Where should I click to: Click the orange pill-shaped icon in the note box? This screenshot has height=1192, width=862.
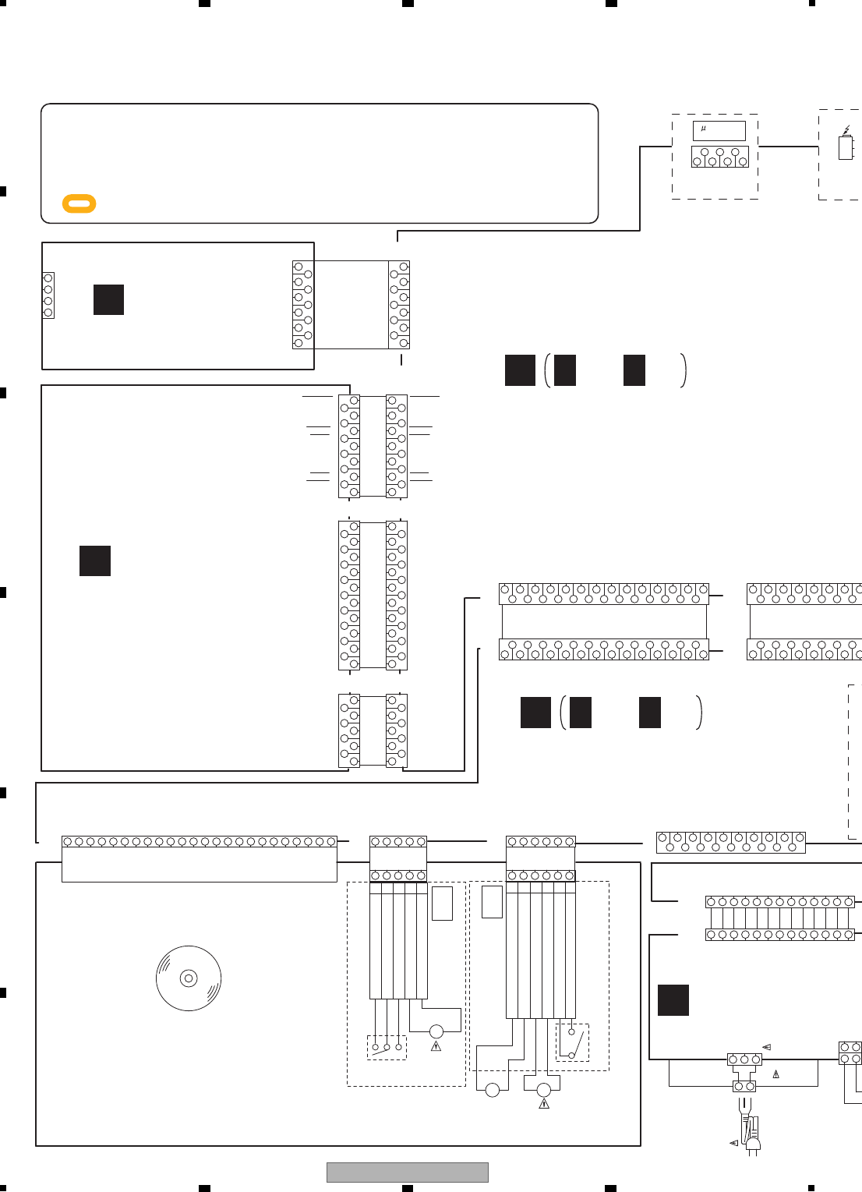click(79, 203)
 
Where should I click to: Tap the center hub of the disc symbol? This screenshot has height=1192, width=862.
click(188, 978)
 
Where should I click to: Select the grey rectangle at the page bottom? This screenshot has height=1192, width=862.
click(407, 1172)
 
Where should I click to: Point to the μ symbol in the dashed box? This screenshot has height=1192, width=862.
click(703, 129)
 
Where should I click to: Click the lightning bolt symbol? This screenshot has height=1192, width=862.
click(846, 130)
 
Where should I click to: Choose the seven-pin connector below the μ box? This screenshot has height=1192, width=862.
click(719, 157)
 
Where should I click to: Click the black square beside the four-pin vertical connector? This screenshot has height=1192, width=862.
click(108, 299)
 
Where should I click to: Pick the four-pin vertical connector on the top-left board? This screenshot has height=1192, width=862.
click(48, 295)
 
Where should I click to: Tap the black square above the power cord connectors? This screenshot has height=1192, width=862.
click(673, 1000)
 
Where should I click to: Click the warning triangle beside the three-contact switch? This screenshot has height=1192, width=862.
click(436, 1046)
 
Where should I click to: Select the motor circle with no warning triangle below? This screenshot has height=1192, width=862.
click(492, 1090)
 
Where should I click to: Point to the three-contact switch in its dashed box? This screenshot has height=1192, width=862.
click(387, 1047)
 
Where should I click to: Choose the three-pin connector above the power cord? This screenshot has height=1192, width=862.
click(744, 1059)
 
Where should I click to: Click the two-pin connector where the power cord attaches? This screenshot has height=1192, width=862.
click(744, 1086)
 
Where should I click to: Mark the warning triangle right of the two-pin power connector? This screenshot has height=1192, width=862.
click(775, 1074)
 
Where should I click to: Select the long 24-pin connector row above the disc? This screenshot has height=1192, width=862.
click(200, 842)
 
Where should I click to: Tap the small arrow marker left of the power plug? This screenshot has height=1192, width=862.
click(733, 1143)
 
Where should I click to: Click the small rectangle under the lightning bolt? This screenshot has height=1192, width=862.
click(846, 147)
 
